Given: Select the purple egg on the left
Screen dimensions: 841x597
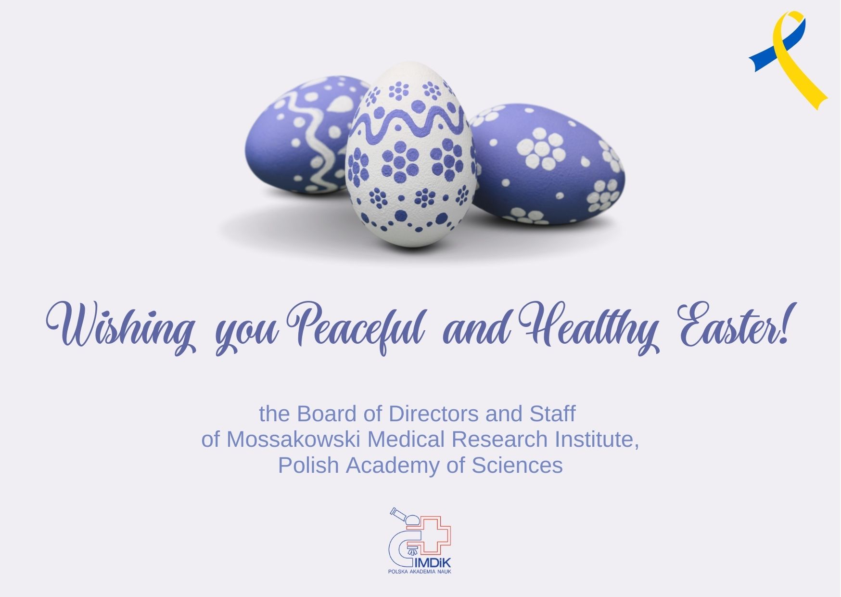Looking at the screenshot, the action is [303, 135].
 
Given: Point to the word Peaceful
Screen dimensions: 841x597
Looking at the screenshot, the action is [359, 327].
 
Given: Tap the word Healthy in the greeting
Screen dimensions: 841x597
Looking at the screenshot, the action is [590, 327].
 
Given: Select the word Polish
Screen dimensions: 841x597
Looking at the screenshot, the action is [308, 466].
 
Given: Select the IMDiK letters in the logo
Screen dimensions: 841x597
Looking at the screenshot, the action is [435, 563].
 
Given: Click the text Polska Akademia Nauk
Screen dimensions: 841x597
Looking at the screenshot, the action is [420, 571].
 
